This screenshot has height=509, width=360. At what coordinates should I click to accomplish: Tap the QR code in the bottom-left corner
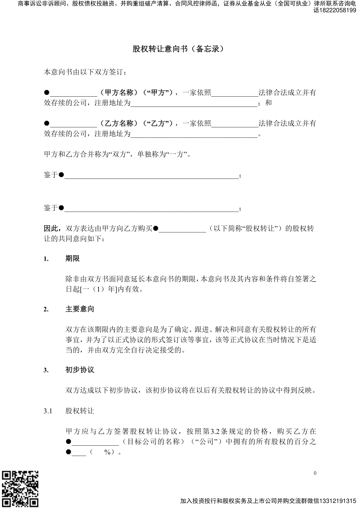(20, 489)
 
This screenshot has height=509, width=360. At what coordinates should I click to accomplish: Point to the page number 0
(315, 473)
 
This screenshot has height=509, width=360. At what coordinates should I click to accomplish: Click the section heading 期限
(72, 259)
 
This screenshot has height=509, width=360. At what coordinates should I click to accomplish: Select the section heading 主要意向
(80, 309)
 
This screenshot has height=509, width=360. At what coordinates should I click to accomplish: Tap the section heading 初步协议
(80, 370)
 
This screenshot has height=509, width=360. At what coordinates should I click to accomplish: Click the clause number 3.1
(48, 411)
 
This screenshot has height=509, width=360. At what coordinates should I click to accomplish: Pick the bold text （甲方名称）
(119, 93)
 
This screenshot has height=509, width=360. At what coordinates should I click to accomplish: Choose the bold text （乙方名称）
(119, 124)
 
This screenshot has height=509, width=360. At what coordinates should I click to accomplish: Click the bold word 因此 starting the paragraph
(51, 229)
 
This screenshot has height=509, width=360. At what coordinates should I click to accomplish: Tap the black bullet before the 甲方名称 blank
(47, 93)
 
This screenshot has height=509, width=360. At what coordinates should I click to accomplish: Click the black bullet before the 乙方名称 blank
(47, 124)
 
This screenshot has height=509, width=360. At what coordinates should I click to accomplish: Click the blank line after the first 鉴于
(151, 175)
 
